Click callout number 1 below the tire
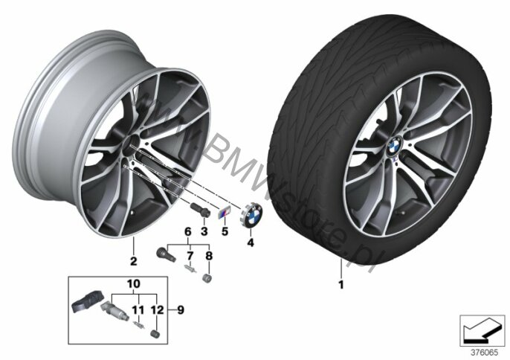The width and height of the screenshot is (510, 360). point(340,285)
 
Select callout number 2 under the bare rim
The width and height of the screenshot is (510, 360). point(133,261)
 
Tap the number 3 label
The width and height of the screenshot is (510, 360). point(204,231)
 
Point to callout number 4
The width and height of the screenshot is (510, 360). point(251,242)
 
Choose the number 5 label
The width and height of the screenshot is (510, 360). point(225,231)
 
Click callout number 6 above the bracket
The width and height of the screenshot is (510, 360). point(188,231)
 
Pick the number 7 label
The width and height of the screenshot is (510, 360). point(190,256)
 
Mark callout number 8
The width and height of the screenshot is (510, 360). point(209,256)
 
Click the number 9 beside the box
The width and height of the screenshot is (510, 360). point(181,310)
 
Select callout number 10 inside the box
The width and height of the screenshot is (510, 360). point(134,283)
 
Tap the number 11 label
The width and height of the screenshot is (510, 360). point(138,310)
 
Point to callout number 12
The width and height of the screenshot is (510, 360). point(158,310)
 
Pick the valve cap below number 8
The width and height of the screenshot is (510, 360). point(206,279)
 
